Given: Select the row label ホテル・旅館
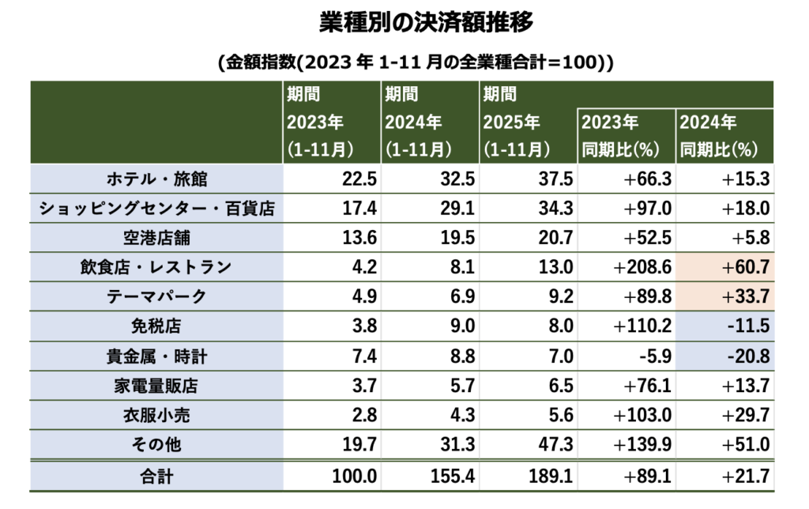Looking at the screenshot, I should click(x=156, y=179).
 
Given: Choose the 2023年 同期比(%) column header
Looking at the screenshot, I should click(x=626, y=135).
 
